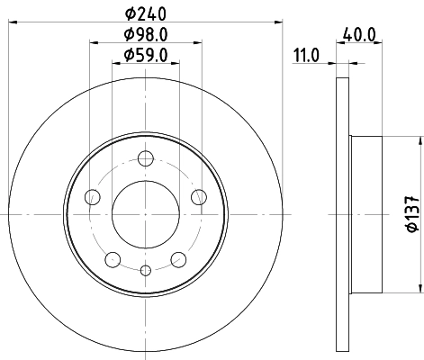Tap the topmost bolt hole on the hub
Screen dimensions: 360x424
tap(145, 161)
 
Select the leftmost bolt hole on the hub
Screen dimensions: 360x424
tap(90, 198)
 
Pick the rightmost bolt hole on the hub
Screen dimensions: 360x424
tap(199, 198)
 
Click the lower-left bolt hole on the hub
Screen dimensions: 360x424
tap(112, 260)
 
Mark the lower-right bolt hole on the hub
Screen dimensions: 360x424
tap(178, 260)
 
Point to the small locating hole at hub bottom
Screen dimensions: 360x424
tap(145, 269)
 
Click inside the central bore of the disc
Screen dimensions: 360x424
tap(145, 214)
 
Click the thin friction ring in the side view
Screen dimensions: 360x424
tap(341, 214)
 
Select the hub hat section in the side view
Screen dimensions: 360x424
tap(369, 214)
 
